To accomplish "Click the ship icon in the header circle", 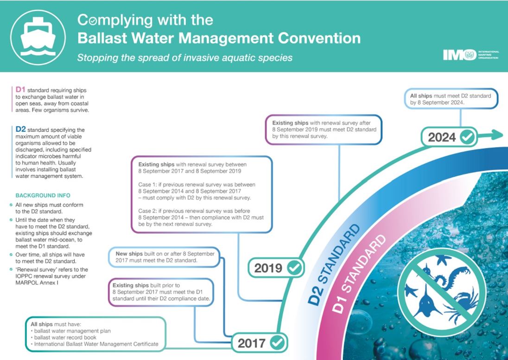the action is click(x=38, y=37).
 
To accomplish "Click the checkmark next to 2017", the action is click(x=277, y=343).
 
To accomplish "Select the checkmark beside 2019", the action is click(x=294, y=268).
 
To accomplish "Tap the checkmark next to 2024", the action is click(x=467, y=137).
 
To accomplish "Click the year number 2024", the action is click(x=442, y=137).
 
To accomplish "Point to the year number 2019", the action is click(x=268, y=268).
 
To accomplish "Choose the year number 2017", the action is click(x=251, y=343).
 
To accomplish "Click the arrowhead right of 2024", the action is click(x=498, y=134).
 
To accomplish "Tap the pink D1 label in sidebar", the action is click(x=20, y=90).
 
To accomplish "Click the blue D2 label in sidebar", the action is click(x=20, y=129).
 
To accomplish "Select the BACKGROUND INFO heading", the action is click(x=43, y=196).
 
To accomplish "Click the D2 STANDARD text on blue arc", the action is click(x=333, y=264).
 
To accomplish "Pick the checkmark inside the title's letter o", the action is click(x=92, y=21).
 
